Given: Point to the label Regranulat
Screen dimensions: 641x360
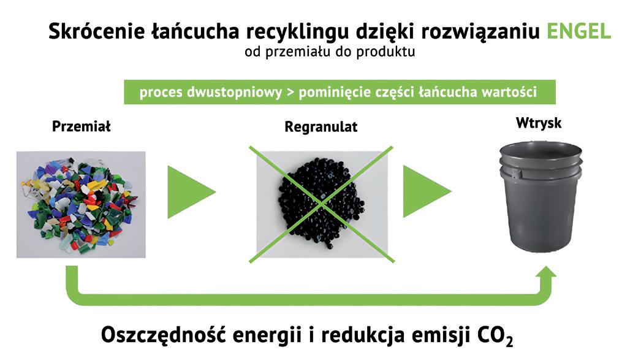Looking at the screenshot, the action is pyautogui.click(x=320, y=127).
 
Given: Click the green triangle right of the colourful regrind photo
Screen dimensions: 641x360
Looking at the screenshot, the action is pyautogui.click(x=189, y=191).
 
